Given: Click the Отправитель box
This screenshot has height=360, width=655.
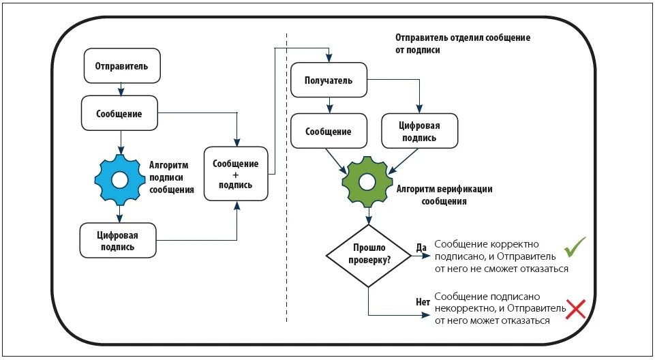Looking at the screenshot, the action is coord(122,65).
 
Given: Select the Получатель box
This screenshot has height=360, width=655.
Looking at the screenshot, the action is coord(329,80).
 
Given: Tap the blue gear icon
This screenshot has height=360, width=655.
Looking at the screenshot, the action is coord(119,179).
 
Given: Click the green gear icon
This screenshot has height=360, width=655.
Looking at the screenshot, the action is coord(367,181).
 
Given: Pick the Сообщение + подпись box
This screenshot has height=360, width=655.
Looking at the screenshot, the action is coord(236,174).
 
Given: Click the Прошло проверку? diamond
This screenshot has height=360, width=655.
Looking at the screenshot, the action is coord(369,255).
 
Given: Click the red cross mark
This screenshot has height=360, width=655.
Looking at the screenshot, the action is coord(576,310).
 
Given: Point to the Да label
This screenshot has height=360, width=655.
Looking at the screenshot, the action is coord(421,247).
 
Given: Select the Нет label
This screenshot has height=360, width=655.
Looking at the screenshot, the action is coord(423,301).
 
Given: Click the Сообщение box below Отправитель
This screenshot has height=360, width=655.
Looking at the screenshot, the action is coord(119,113).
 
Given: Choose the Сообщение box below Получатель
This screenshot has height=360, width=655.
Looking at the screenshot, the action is coord(329,131).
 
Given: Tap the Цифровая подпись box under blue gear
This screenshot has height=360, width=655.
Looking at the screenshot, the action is coord(118,241).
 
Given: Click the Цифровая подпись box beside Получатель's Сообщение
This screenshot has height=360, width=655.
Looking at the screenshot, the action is coord(419,131).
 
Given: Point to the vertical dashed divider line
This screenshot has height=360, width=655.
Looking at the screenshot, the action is coord(286,177).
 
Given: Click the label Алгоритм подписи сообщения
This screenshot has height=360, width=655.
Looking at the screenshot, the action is coord(172,177).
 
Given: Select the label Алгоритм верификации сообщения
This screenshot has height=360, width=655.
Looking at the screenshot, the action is coord(444,195).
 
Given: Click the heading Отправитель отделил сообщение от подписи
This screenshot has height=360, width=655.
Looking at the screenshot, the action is coord(463,44).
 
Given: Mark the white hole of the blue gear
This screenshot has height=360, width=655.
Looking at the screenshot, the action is coord(119,179).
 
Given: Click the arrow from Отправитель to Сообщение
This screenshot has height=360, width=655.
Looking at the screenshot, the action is coord(121,89).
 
